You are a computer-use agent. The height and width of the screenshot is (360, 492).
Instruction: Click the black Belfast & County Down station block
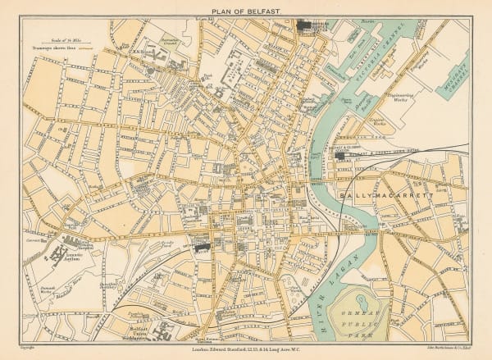point(339,154)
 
